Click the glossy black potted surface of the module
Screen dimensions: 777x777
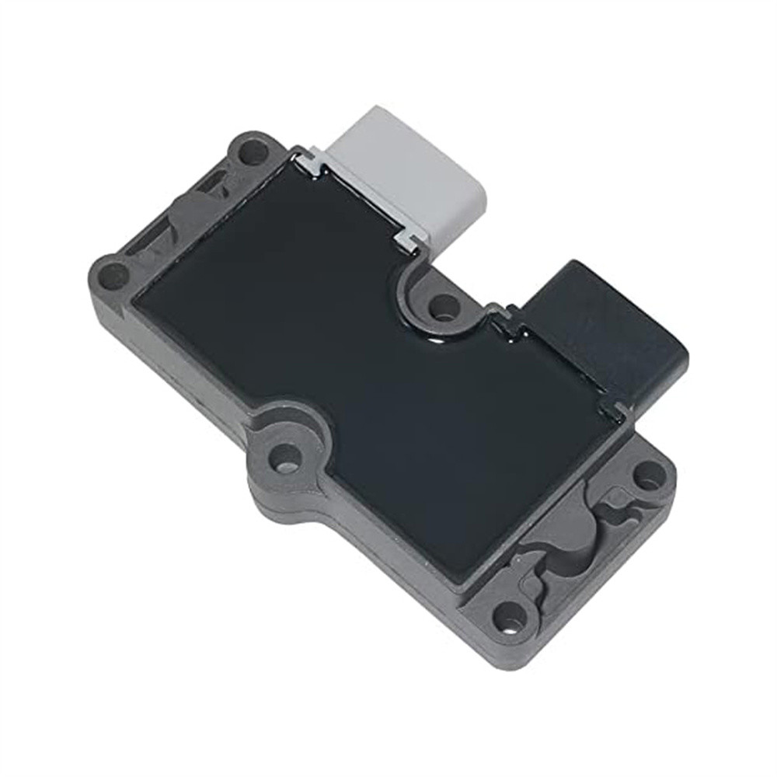click(350, 350)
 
